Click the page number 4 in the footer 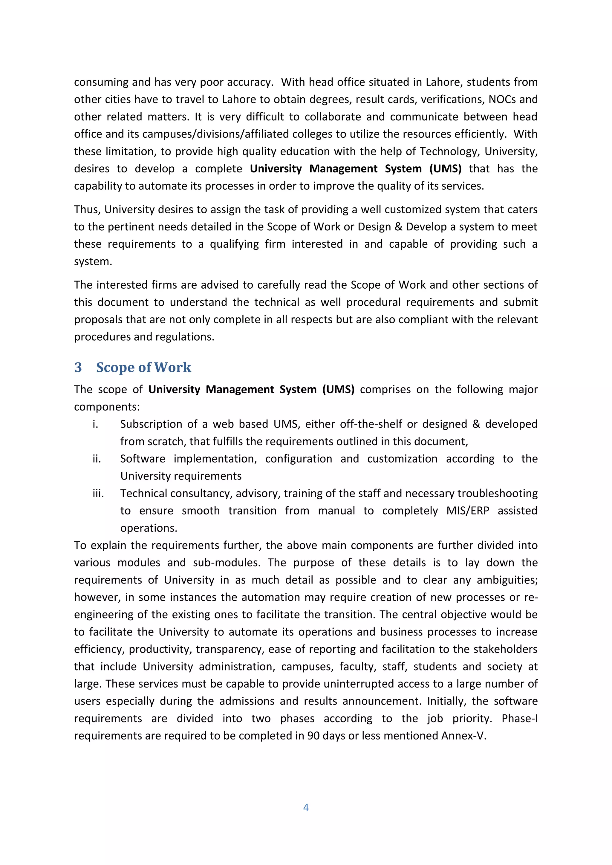[x=306, y=807]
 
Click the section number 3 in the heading [x=78, y=367]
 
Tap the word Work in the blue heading [x=173, y=367]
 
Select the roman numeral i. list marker [x=95, y=424]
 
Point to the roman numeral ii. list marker [x=97, y=459]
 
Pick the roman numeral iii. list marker [x=98, y=494]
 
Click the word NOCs [x=502, y=99]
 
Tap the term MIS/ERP [x=468, y=511]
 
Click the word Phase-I [x=519, y=719]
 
